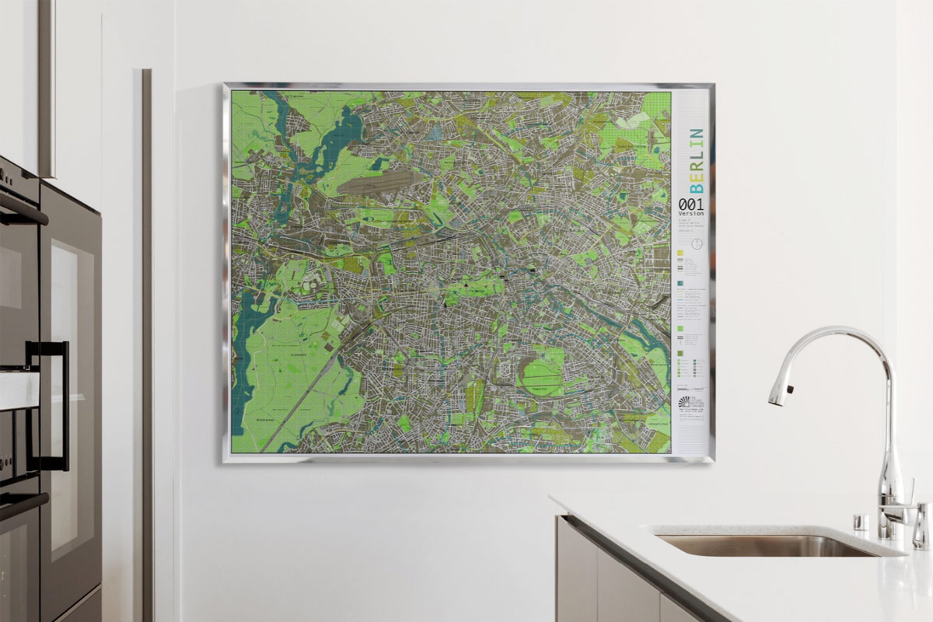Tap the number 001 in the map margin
(x=691, y=204)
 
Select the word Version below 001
(x=690, y=214)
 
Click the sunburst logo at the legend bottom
(x=685, y=402)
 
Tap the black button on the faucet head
(x=788, y=388)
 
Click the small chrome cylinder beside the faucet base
(x=861, y=521)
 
